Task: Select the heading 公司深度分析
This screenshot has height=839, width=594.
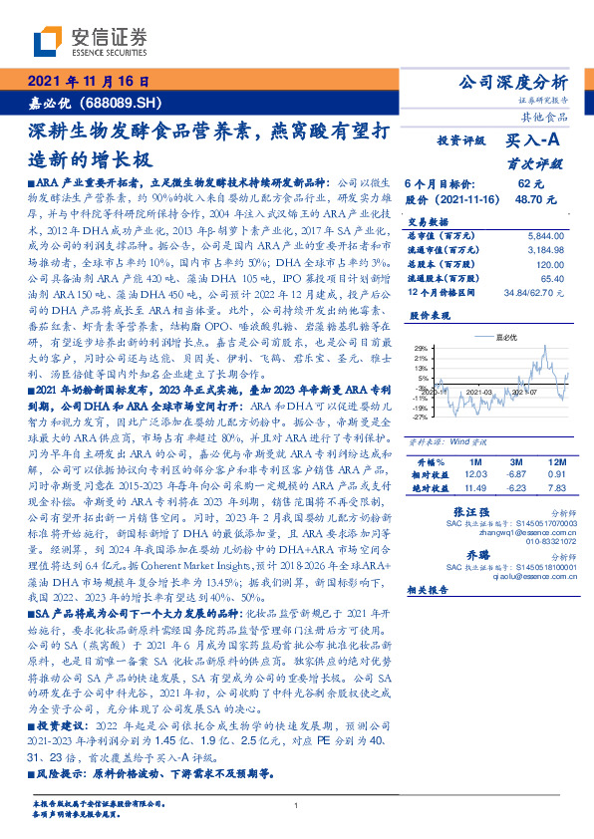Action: pos(510,82)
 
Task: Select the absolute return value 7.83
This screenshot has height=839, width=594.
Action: pos(553,487)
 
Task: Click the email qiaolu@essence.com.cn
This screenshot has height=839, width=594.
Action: pos(525,575)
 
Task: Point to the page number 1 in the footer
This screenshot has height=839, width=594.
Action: pos(297,806)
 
